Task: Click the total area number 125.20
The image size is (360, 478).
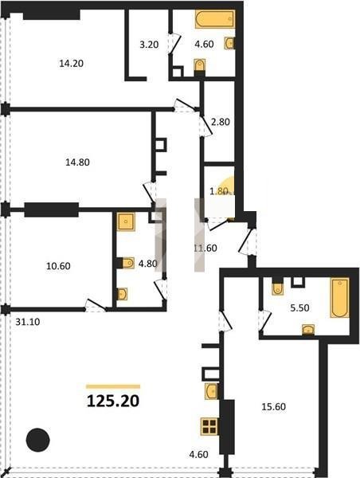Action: pyautogui.click(x=113, y=401)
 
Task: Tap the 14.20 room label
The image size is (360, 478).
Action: pyautogui.click(x=72, y=64)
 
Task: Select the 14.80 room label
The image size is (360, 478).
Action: pyautogui.click(x=77, y=163)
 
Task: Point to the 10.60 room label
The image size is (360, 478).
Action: pyautogui.click(x=58, y=266)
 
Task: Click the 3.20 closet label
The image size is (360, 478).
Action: pyautogui.click(x=149, y=45)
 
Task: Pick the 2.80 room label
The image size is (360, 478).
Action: pyautogui.click(x=221, y=122)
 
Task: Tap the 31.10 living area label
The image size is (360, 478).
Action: pyautogui.click(x=28, y=322)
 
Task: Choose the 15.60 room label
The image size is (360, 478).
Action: pyautogui.click(x=274, y=406)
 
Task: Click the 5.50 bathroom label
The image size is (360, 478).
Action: pyautogui.click(x=299, y=308)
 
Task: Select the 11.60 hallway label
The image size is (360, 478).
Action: pyautogui.click(x=205, y=248)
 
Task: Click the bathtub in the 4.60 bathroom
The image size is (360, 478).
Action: pyautogui.click(x=215, y=19)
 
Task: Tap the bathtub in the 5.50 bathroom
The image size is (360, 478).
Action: pyautogui.click(x=339, y=297)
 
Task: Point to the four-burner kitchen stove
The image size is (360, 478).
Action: pyautogui.click(x=209, y=426)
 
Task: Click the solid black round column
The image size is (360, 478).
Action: pyautogui.click(x=37, y=440)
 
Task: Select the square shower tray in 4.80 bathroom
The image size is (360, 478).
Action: pyautogui.click(x=126, y=221)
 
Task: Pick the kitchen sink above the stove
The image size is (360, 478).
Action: pyautogui.click(x=211, y=391)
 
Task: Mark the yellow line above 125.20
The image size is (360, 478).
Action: pyautogui.click(x=113, y=386)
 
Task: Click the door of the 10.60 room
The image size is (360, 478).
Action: pyautogui.click(x=96, y=306)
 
